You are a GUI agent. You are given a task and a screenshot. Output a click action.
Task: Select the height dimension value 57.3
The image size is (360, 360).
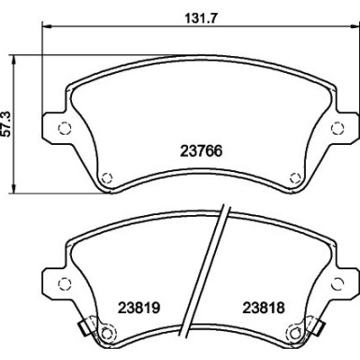coord(8,121)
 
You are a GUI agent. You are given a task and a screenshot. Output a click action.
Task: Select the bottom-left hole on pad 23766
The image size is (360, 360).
coord(106,175)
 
